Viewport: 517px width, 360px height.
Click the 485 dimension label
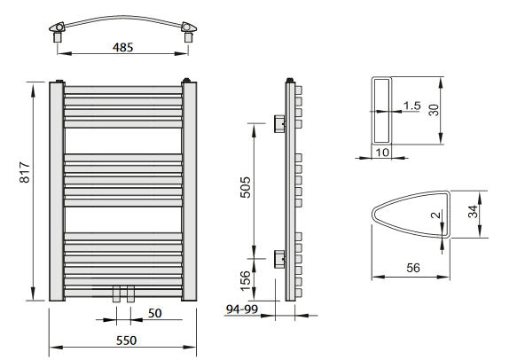(122, 48)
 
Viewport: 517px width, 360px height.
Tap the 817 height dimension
(25, 172)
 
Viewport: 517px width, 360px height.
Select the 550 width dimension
(126, 340)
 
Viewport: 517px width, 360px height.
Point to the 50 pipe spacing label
(154, 313)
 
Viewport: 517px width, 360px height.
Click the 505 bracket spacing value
(246, 187)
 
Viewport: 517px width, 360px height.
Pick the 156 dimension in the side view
(246, 281)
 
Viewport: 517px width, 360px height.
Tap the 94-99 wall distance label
(242, 309)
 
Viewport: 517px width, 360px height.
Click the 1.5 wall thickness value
(412, 106)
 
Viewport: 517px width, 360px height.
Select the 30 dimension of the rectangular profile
(434, 110)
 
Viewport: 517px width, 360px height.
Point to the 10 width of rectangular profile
(382, 153)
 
